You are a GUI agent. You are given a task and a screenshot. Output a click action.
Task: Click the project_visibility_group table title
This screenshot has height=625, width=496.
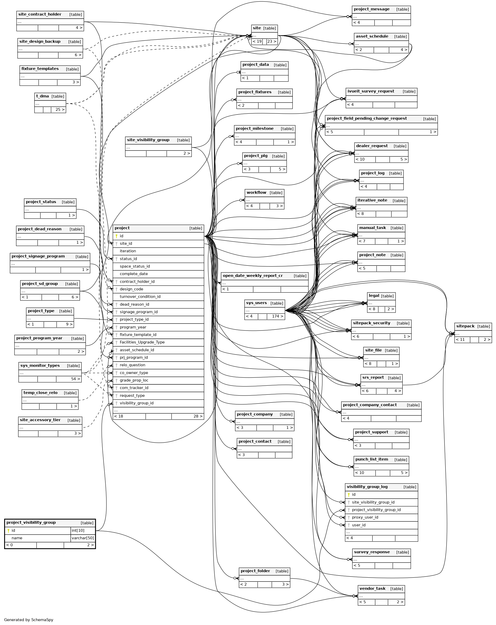(31, 522)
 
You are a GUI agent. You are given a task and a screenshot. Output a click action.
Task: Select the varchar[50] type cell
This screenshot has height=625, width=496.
(83, 538)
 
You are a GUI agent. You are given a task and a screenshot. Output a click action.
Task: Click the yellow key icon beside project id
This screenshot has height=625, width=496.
(116, 236)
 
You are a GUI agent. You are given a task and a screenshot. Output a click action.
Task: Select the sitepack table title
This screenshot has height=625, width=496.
(465, 326)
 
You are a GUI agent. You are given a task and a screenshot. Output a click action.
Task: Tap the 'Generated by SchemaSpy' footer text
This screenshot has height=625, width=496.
(29, 620)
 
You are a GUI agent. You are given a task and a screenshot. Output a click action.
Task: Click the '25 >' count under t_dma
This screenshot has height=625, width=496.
(60, 110)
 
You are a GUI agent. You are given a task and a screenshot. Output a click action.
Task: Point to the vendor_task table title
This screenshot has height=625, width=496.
(372, 588)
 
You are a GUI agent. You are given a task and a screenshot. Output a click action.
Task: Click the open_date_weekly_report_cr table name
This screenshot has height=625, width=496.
(253, 276)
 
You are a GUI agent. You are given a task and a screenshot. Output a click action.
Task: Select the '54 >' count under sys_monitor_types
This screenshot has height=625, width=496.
(75, 379)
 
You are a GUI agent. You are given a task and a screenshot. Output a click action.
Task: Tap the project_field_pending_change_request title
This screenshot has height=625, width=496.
(367, 119)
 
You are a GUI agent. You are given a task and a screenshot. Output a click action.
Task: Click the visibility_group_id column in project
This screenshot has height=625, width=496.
(136, 403)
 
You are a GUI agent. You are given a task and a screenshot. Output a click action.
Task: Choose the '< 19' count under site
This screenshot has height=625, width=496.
(257, 41)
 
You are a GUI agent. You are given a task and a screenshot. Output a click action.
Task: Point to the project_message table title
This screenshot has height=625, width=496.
(371, 9)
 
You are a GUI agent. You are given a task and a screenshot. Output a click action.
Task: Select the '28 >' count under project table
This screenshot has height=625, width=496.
(198, 416)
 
